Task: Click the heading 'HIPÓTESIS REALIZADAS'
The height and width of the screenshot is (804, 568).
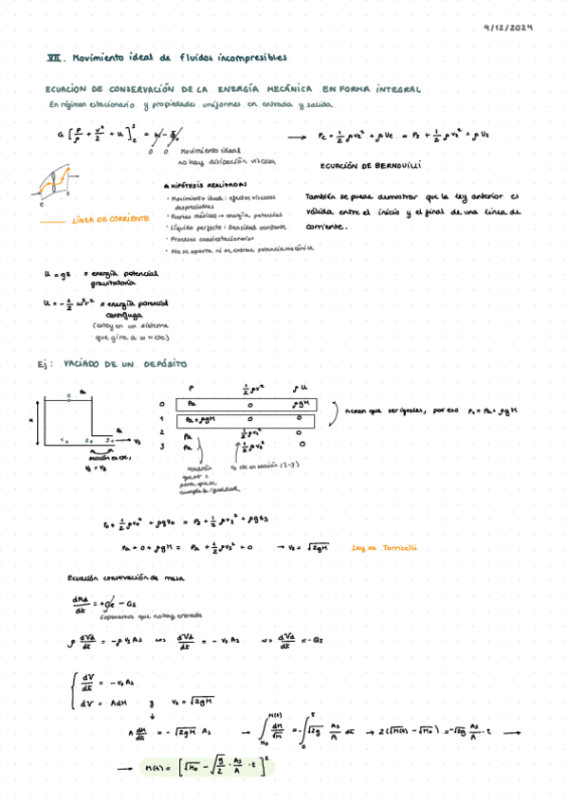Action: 205,185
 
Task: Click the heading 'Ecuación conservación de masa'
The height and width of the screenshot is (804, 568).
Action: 112,577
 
